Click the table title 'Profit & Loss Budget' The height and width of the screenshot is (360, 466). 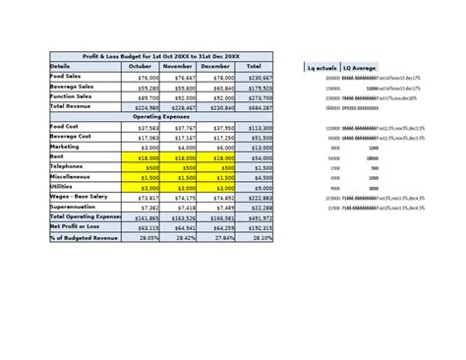pos(162,55)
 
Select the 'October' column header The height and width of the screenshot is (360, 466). pos(141,66)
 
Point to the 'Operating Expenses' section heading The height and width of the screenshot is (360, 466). pos(161,116)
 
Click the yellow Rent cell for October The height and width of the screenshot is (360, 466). pos(141,156)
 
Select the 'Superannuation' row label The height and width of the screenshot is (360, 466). pos(73,208)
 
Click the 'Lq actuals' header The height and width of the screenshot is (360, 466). pos(321,66)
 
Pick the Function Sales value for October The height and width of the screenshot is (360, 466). pos(141,96)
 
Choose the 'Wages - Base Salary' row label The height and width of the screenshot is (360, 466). pos(80,197)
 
